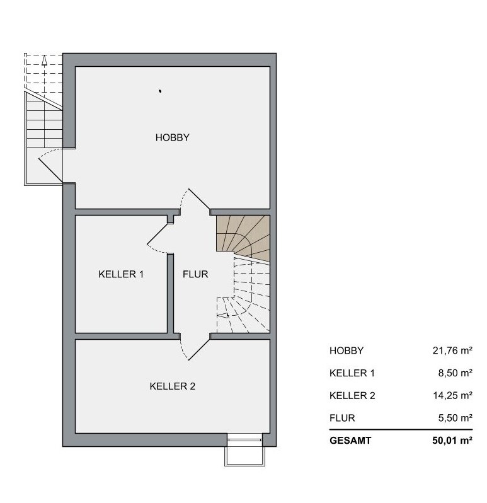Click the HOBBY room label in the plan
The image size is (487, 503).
click(172, 137)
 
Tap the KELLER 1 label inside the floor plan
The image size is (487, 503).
click(121, 274)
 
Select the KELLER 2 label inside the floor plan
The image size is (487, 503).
click(172, 386)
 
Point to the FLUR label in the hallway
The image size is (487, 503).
click(195, 274)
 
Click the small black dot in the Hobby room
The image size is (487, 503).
click(160, 91)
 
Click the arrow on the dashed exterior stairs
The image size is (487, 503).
click(44, 61)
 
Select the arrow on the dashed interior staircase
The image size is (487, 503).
click(222, 316)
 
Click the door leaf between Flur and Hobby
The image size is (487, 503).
click(199, 199)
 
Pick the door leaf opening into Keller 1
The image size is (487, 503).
click(158, 234)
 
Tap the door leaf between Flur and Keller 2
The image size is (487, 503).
click(199, 350)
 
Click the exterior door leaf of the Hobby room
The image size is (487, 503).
click(50, 170)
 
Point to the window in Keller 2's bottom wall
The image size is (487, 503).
click(245, 440)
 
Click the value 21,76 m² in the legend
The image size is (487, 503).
click(452, 350)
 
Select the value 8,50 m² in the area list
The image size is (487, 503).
click(455, 373)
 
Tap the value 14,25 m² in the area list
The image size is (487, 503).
click(453, 396)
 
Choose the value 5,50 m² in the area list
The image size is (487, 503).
click(455, 418)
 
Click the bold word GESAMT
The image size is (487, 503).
click(350, 441)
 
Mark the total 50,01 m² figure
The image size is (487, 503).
click(452, 441)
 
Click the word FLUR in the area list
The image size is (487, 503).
click(342, 418)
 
